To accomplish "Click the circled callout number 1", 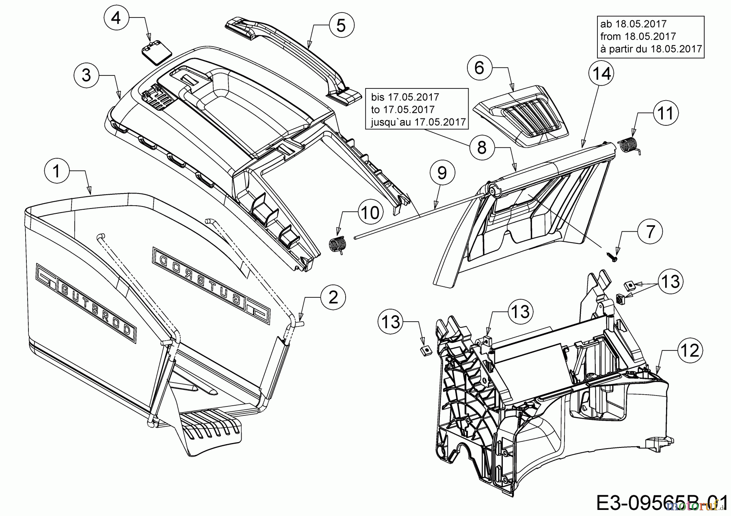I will pyautogui.click(x=57, y=171).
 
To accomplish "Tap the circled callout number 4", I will pyautogui.click(x=117, y=18).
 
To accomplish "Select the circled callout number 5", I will pyautogui.click(x=341, y=25).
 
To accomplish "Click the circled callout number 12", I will pyautogui.click(x=690, y=350).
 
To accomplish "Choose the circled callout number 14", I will pyautogui.click(x=601, y=74).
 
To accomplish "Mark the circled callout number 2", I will pyautogui.click(x=333, y=297).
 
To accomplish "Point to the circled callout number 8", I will pyautogui.click(x=482, y=148).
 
